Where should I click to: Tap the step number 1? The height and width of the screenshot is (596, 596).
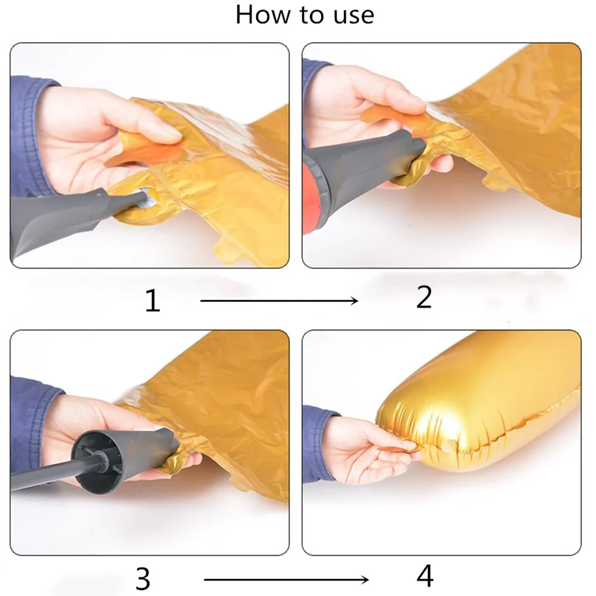tap(153, 300)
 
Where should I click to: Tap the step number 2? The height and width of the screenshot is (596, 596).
tap(424, 297)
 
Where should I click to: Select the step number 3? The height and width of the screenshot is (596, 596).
tap(143, 579)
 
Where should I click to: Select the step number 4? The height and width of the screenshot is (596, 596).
tap(425, 576)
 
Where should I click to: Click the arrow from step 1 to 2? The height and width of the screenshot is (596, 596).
tap(279, 300)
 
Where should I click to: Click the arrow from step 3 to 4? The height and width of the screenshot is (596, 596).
tap(286, 579)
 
